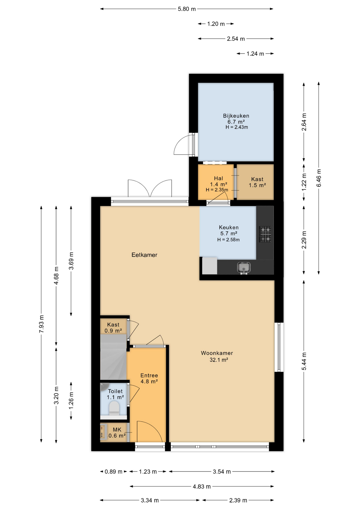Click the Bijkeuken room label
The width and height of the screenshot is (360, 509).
pos(236,116)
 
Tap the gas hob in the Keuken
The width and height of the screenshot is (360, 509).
pos(265,234)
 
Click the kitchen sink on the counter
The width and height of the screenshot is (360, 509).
pos(244,267)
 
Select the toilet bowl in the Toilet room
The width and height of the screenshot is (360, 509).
pos(114,408)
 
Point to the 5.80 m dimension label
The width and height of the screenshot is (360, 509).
pos(187,9)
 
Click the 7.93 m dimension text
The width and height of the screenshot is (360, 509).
pos(41,324)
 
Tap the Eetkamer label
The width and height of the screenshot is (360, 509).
pos(144,255)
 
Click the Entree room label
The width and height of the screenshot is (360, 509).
pos(149,375)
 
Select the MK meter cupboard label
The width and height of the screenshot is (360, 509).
pos(117,430)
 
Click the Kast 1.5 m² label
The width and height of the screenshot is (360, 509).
pos(257,182)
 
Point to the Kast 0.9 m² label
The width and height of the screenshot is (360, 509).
pos(113,328)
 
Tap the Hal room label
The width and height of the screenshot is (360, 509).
pos(218,178)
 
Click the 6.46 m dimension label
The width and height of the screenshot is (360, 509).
pos(319,178)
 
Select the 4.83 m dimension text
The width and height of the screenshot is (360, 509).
pos(202,486)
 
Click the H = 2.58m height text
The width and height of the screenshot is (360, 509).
pos(229,240)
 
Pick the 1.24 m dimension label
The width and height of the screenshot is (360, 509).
pos(255,54)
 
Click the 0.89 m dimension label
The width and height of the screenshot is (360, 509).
pos(113,472)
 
